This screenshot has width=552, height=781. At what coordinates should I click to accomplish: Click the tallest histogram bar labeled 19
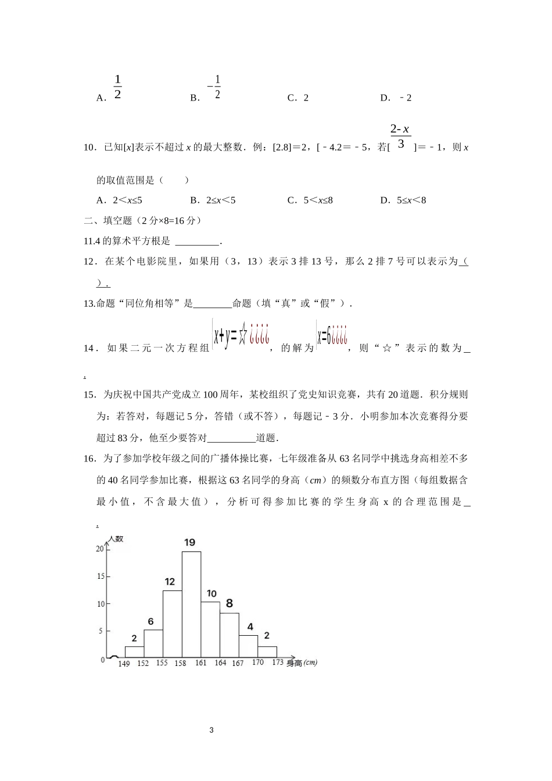pos(191,604)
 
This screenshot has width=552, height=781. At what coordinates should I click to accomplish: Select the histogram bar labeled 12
pos(172,624)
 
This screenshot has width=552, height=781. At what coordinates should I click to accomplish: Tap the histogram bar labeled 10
pos(210,629)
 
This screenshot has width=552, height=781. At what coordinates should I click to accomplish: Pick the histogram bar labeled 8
pos(230,635)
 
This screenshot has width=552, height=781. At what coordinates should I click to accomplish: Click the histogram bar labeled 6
pos(153,644)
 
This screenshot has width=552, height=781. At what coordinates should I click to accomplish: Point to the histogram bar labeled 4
pos(248,646)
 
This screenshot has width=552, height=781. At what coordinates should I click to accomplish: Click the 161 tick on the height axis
pos(200,662)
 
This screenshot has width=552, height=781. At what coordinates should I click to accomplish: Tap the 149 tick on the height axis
pos(124,664)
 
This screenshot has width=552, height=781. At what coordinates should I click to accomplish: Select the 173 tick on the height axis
pos(277,662)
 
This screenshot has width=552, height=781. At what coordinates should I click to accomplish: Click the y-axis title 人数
pos(116,539)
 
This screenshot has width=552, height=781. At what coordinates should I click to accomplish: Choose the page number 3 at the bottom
pos(211,730)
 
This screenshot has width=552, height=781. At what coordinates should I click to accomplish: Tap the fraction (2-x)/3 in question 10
pos(400,137)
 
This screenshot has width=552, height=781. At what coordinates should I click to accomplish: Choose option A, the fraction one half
pos(117,87)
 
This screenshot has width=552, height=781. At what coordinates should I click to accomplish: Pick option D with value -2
pos(396,98)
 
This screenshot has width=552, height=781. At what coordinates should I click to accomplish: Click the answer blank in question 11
pos(197,242)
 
